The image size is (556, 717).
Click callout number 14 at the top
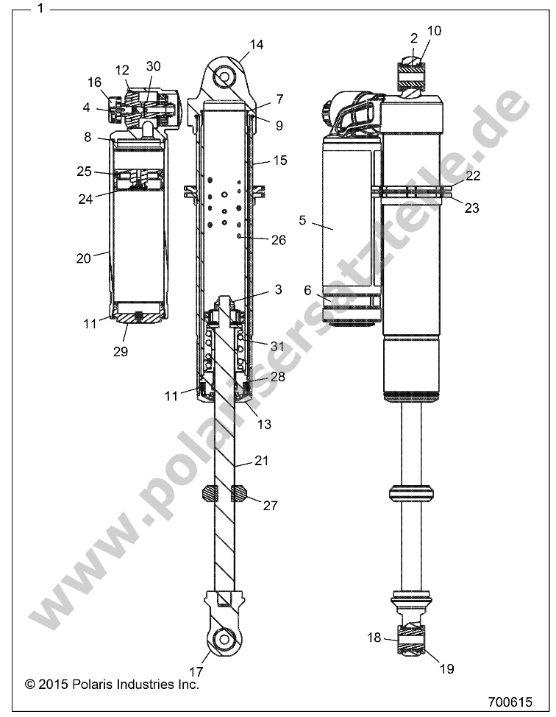pyautogui.click(x=255, y=44)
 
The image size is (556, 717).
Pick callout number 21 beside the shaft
pyautogui.click(x=260, y=461)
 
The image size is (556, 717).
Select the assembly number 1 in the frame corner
pyautogui.click(x=41, y=9)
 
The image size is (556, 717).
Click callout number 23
pyautogui.click(x=471, y=208)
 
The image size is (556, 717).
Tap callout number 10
pyautogui.click(x=434, y=30)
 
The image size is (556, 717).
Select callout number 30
pyautogui.click(x=153, y=66)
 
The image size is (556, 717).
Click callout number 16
pyautogui.click(x=94, y=82)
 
